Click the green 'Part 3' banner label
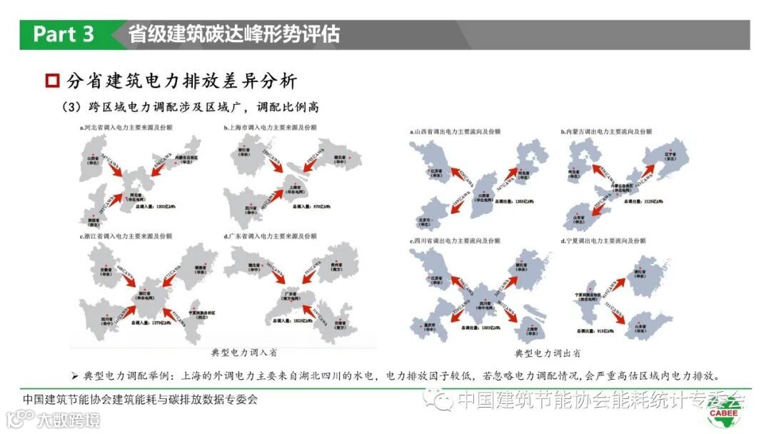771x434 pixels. pyautogui.click(x=64, y=34)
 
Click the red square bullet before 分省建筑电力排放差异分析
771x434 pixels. pyautogui.click(x=51, y=81)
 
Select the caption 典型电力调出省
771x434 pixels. pyautogui.click(x=548, y=353)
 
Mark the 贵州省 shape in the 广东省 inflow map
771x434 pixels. pyautogui.click(x=336, y=263)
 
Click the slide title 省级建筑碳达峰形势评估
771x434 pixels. pyautogui.click(x=233, y=34)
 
